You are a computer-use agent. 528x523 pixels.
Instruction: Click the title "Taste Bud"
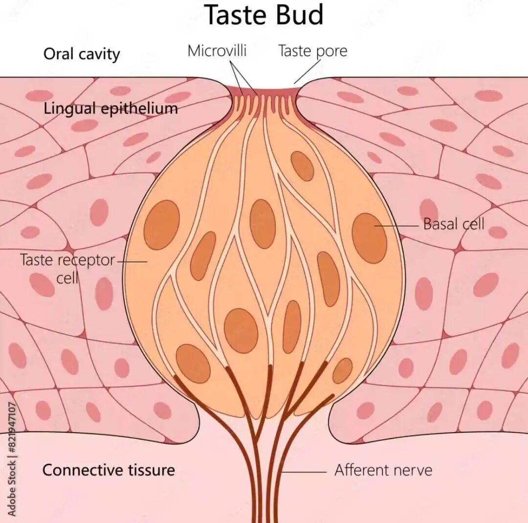pos(264,15)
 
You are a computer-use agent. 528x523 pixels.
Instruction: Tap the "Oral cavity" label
pos(82,54)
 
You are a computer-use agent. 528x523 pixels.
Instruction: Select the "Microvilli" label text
pos(217,51)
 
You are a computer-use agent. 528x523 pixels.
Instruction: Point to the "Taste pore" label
pos(312,51)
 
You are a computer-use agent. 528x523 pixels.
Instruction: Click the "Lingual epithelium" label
pos(110,108)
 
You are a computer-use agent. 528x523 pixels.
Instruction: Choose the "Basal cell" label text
pos(454,224)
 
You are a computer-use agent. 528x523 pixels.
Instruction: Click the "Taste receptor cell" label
pos(67,269)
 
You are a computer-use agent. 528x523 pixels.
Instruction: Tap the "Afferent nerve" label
pos(383,470)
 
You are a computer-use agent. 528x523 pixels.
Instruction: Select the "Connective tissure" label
pos(109,470)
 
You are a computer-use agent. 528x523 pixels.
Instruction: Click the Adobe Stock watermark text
pos(11,459)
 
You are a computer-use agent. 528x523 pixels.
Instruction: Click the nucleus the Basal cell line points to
pos(369,238)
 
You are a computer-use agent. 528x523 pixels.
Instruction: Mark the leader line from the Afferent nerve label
pos(304,472)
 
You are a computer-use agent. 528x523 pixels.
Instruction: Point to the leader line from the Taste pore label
pos(307,72)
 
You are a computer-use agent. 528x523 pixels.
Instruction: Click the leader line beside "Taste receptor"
pos(132,261)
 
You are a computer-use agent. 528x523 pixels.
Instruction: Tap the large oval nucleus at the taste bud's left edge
pos(162,225)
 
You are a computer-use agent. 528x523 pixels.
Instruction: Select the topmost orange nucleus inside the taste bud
pos(302,166)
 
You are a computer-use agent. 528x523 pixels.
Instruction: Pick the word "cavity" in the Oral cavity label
pos(101,55)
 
